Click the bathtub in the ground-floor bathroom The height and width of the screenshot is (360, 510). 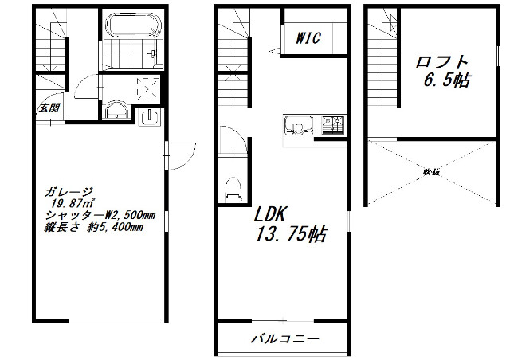pos(131,25)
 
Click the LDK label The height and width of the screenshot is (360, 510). pos(275,216)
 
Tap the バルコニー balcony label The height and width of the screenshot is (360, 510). pos(284,338)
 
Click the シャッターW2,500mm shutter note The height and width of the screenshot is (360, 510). pos(94,216)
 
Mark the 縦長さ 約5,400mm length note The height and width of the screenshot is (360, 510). pos(94,228)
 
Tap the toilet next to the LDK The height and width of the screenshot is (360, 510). pos(233,188)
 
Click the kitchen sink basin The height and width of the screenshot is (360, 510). pos(295,125)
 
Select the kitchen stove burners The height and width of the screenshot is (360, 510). pos(333,125)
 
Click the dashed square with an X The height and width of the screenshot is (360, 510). pos(148,88)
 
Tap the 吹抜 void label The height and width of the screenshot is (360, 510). pos(430,171)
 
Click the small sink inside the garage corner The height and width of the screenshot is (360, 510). pos(149,118)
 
